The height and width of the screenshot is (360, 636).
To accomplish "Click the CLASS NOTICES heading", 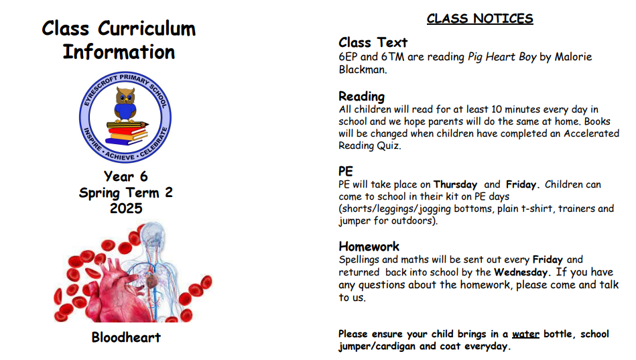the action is point(480,19).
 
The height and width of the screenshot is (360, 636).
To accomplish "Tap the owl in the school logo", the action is point(125,104).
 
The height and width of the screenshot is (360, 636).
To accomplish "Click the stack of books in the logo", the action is point(127,133).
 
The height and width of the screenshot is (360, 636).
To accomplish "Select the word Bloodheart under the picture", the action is point(126,337).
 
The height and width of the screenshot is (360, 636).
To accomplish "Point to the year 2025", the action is point(126,208).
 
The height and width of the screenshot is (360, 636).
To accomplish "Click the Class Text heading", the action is point(373,43).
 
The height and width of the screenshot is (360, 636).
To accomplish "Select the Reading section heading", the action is point(361,97).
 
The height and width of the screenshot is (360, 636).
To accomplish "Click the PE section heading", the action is point(346,171).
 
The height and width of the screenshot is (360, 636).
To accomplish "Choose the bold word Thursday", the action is point(455,184).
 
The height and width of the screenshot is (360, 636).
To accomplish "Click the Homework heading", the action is point(369,246).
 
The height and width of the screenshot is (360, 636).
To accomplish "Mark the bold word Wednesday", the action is point(521,272).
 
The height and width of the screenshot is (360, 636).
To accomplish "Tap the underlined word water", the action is point(525,334).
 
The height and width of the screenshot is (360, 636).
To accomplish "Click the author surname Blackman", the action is point(362,70).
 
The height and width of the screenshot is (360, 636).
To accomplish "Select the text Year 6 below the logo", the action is point(126,176).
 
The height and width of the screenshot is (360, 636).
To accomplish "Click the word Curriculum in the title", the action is point(147,29).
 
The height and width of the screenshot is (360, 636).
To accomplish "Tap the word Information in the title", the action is point(119,52).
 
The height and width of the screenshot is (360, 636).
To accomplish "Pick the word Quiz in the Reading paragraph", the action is point(389,145).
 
